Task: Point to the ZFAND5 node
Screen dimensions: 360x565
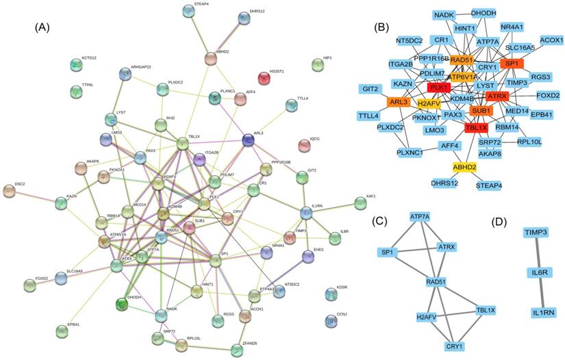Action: [238, 350]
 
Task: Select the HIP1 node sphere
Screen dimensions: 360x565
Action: [317, 65]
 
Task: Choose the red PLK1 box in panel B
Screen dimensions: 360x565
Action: [439, 88]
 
